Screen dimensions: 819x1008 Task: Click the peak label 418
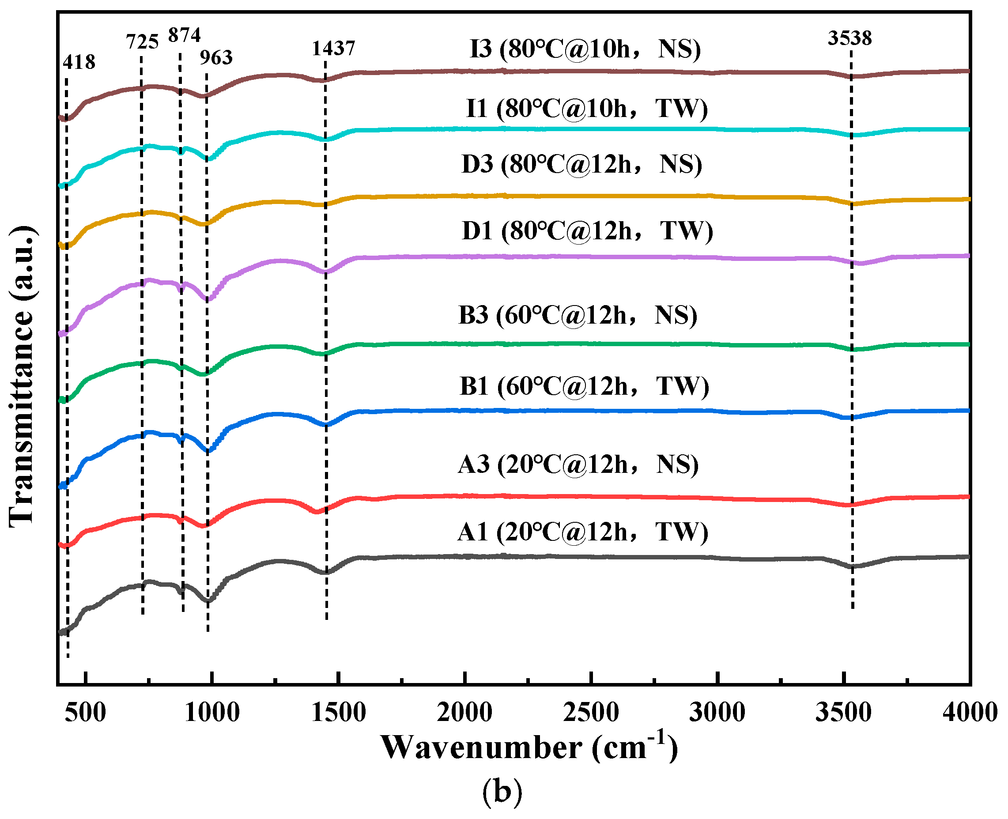[x=79, y=62]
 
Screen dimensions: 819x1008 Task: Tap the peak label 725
[x=142, y=42]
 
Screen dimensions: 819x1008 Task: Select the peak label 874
[x=185, y=35]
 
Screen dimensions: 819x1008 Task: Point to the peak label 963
[x=216, y=57]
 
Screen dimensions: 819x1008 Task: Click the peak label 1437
[x=333, y=48]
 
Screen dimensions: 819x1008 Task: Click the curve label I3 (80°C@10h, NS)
[x=585, y=49]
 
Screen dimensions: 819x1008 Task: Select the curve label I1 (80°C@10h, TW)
[x=587, y=109]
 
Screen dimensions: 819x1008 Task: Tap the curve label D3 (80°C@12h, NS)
[x=581, y=164]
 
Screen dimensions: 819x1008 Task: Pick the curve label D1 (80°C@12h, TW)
[x=587, y=231]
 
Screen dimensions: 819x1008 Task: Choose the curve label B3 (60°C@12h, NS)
[x=578, y=315]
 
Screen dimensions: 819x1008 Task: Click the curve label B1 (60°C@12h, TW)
[x=584, y=386]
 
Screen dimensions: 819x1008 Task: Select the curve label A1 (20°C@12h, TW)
[x=583, y=532]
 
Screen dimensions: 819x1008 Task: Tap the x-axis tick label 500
[x=85, y=712]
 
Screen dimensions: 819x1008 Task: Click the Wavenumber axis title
[x=529, y=747]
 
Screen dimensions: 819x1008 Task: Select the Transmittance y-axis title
[x=22, y=377]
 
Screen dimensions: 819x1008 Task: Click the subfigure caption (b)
[x=502, y=792]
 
